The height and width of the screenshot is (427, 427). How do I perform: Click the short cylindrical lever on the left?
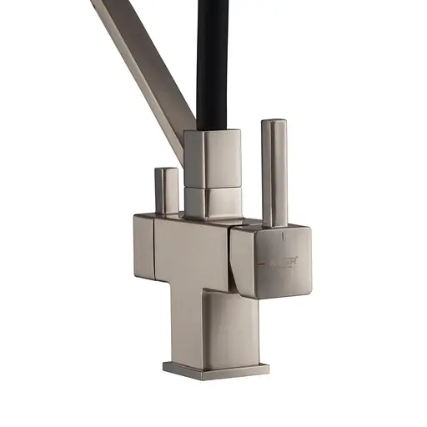pos(167,190)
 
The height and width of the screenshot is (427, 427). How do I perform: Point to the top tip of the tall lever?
pos(274,123)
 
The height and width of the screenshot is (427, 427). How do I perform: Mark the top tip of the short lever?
pos(167,170)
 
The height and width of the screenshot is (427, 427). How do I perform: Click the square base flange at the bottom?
pos(215,369)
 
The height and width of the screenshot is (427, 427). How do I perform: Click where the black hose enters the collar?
pos(213,132)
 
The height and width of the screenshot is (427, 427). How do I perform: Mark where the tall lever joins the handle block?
pos(274,226)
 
